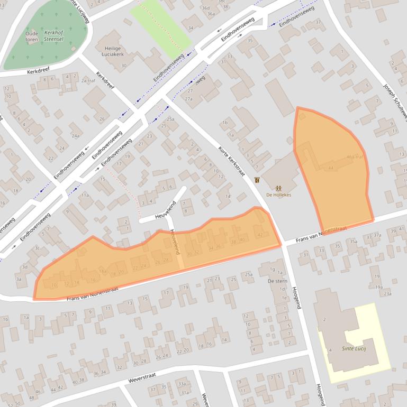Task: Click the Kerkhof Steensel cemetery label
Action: tap(54, 35)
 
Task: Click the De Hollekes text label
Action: tap(278, 195)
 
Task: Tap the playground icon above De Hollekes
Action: tap(278, 187)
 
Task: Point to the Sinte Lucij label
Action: tap(354, 348)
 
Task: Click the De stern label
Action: tap(277, 281)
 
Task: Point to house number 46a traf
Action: tap(355, 156)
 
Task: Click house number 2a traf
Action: tap(87, 80)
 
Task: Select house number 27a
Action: tap(189, 99)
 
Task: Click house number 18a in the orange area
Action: tap(103, 271)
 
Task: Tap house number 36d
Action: tap(205, 8)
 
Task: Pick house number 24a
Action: tap(75, 136)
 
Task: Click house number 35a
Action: tap(353, 241)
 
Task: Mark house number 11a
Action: tap(85, 195)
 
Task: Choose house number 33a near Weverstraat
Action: tap(182, 384)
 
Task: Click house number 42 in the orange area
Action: tap(259, 234)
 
